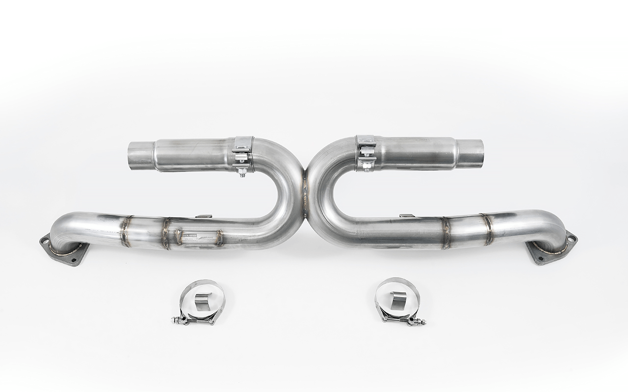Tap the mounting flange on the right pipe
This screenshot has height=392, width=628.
tap(551, 251)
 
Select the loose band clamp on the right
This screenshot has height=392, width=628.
tap(397, 300)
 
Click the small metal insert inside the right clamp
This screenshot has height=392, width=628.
tap(398, 299)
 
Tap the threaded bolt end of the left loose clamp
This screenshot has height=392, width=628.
tap(175, 320)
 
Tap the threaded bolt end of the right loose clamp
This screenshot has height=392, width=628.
tap(422, 323)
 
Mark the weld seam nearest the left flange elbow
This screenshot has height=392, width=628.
tap(126, 231)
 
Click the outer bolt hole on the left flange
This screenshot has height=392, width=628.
tap(45, 241)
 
